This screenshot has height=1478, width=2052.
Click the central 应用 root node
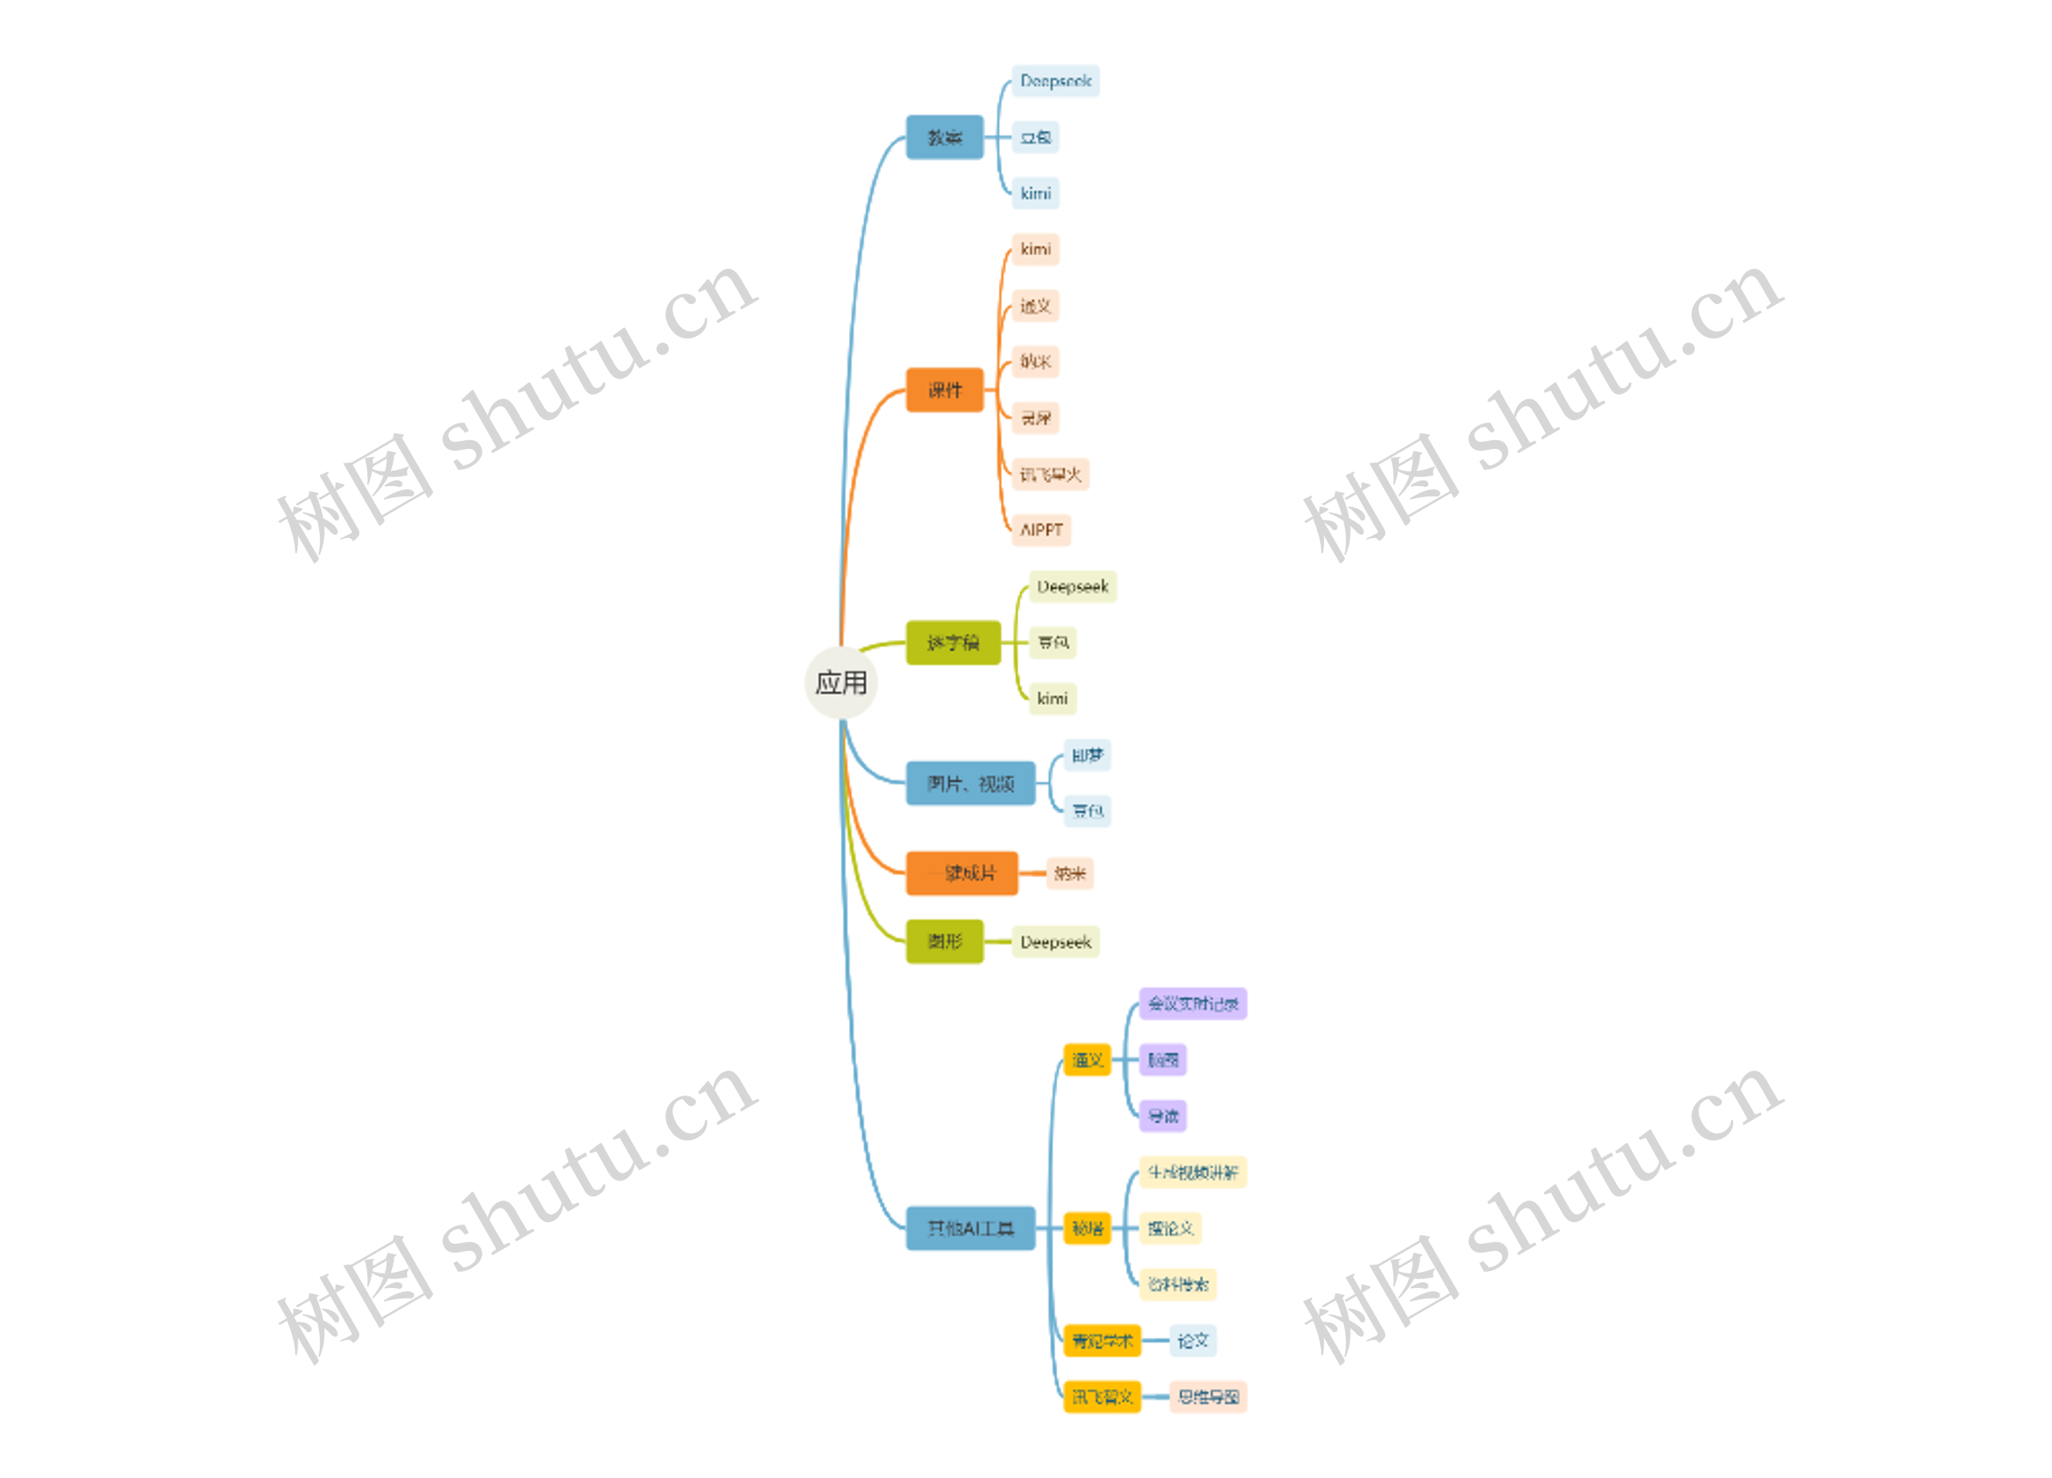(841, 682)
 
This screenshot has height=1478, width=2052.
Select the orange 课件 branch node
(944, 390)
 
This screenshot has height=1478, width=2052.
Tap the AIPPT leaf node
(1040, 529)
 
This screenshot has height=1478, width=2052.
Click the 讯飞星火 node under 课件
(1049, 474)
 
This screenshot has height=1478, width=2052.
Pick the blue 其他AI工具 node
(970, 1229)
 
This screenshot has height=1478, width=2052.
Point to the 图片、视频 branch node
(970, 783)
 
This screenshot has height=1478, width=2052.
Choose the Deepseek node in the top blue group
(1055, 80)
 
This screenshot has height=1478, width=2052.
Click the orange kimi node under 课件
(1035, 249)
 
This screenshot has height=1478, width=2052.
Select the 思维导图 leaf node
(1208, 1396)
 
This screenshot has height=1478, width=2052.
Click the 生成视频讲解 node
(1193, 1172)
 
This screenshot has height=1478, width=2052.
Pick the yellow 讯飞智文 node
(1102, 1396)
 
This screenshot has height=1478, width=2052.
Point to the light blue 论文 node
(1193, 1340)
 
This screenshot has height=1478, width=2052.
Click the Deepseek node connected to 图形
(1055, 942)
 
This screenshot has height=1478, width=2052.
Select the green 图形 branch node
(944, 942)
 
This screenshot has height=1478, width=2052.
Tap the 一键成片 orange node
(962, 873)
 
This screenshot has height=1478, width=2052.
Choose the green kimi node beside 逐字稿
(1052, 698)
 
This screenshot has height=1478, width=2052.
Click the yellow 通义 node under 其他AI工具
(1087, 1060)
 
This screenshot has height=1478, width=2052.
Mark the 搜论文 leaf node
(1169, 1229)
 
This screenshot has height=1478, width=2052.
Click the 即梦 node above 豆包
(1087, 755)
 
